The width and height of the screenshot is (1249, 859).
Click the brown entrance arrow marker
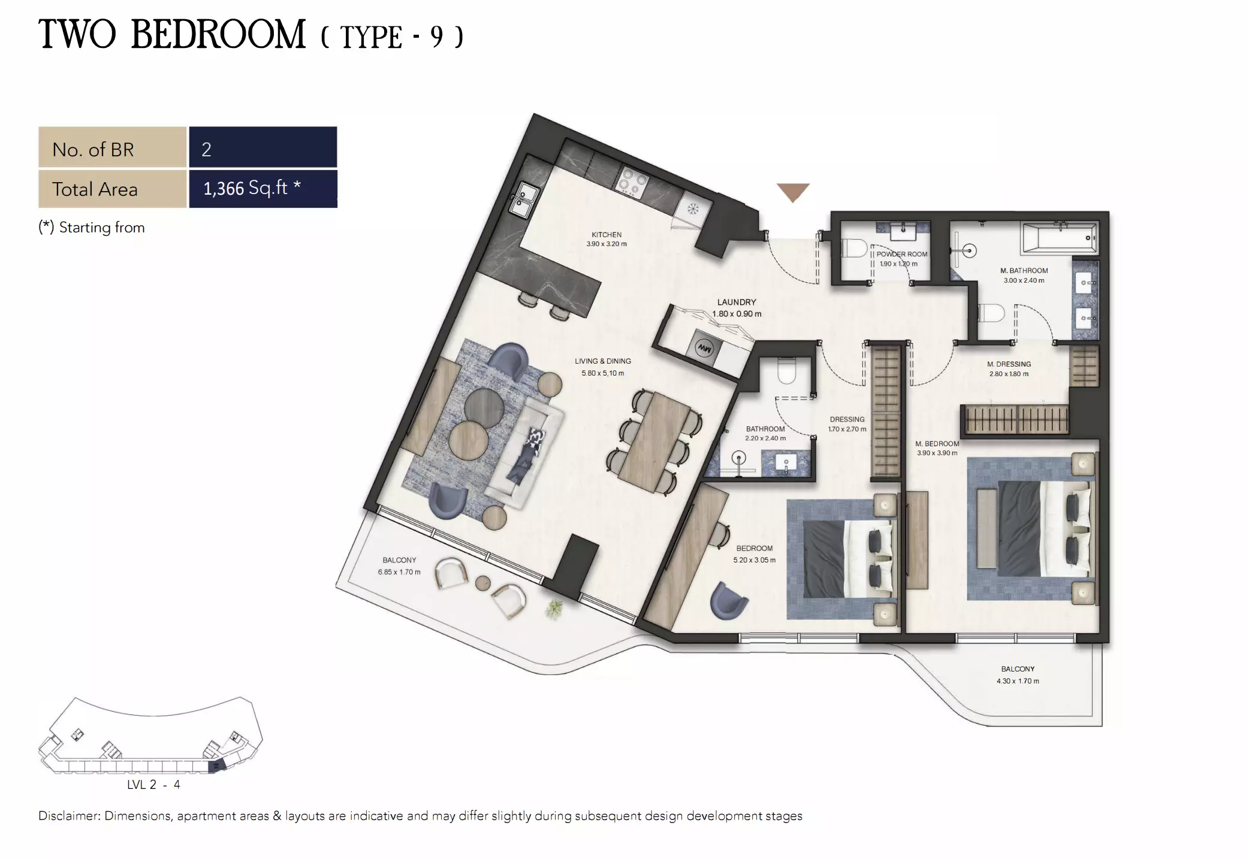point(793,192)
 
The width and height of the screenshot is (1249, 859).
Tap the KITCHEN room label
point(607,235)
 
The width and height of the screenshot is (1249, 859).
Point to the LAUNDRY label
point(737,303)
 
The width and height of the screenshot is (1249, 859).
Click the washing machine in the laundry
point(705,348)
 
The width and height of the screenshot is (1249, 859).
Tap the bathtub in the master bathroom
point(1060,238)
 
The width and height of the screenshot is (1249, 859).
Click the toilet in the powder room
point(853,248)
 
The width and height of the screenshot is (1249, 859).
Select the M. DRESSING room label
point(1009,364)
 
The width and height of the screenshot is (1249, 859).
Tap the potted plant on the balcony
point(554,609)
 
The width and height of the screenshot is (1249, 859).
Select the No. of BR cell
point(112,149)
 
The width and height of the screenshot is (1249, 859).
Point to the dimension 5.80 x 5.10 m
point(602,373)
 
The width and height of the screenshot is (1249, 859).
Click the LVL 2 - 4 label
point(153,785)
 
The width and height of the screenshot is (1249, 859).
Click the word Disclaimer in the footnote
point(69,816)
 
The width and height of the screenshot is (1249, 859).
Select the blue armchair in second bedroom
point(728,600)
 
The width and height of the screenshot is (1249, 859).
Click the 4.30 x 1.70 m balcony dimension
point(1018,681)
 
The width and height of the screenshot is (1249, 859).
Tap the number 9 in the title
point(436,37)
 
